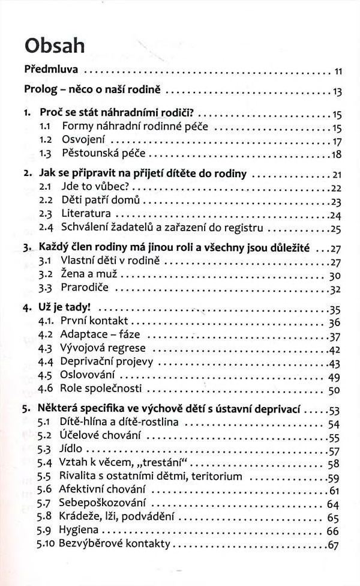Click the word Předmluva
pos(50,71)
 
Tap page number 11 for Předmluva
pos(337,72)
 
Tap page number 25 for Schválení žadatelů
pos(335,229)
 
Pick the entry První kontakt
pos(95,322)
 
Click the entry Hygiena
pos(80,531)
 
